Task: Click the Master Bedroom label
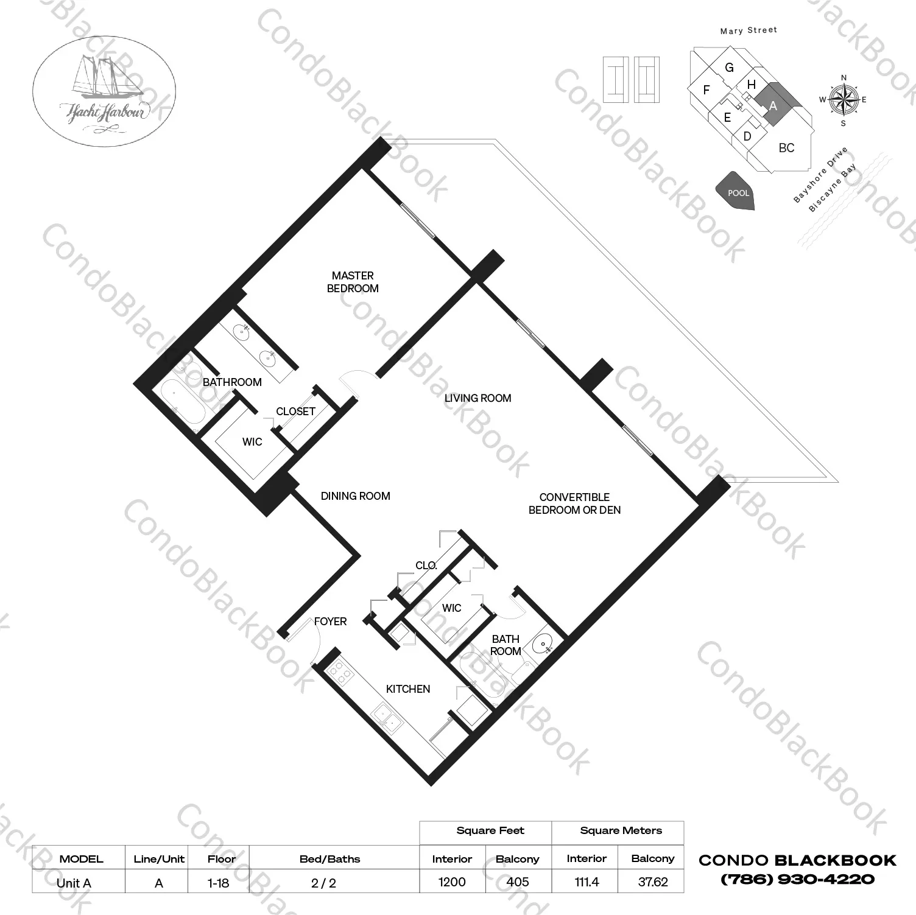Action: coord(353,282)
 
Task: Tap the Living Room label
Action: coord(477,398)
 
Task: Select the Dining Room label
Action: coord(356,496)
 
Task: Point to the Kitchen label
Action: coord(408,689)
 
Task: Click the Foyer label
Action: coord(331,622)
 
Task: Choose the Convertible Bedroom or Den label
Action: coord(574,503)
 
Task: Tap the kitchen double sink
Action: coord(387,716)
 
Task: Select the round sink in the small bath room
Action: coord(542,643)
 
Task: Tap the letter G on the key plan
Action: coord(729,68)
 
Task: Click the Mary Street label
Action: coord(749,30)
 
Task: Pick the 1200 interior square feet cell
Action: coord(452,882)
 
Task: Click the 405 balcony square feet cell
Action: coord(518,882)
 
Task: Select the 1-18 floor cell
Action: coord(218,882)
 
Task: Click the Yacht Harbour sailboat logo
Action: coord(104,92)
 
